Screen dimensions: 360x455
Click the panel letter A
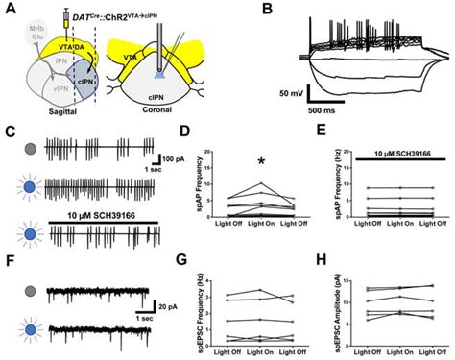[x=9, y=8]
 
